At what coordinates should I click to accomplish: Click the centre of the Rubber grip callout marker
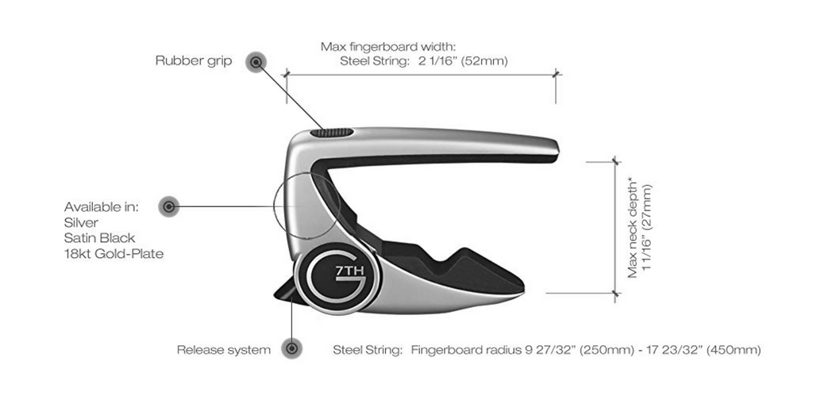(x=256, y=63)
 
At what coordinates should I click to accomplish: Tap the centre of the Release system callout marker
(x=292, y=347)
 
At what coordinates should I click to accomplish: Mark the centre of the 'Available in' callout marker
(x=168, y=206)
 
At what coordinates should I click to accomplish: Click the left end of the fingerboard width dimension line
(x=286, y=75)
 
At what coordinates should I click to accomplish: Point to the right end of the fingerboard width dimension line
(x=556, y=75)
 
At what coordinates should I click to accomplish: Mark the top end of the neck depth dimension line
(x=615, y=162)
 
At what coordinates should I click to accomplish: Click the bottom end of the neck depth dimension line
(x=615, y=294)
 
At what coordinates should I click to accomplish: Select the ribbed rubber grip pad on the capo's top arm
(x=332, y=133)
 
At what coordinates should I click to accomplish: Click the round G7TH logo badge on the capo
(x=337, y=278)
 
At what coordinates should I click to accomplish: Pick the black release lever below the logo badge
(x=286, y=291)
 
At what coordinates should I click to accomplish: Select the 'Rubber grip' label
(x=194, y=61)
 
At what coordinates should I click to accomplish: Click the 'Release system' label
(x=223, y=350)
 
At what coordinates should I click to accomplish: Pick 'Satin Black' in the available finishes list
(x=99, y=238)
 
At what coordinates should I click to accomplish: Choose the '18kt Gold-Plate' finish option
(x=114, y=254)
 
